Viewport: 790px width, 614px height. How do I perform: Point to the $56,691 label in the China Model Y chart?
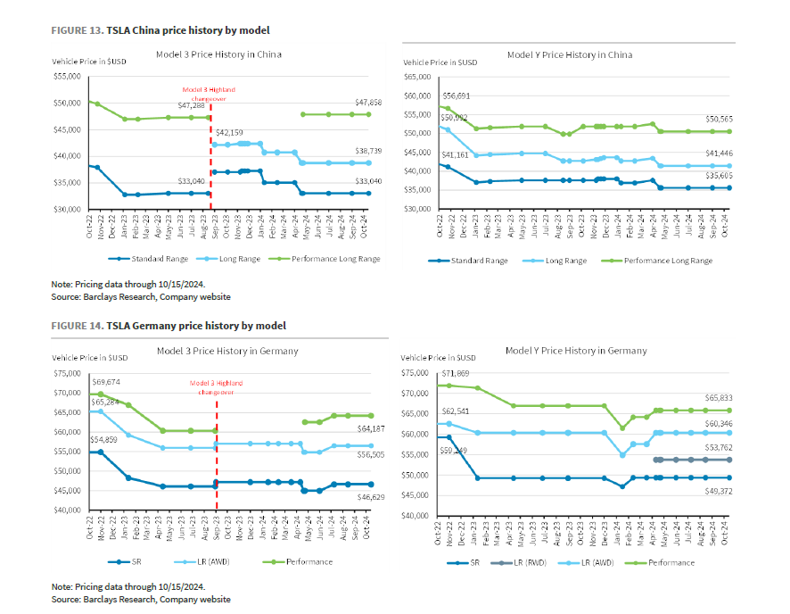pyautogui.click(x=457, y=95)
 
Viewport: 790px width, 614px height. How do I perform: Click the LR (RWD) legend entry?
pyautogui.click(x=524, y=563)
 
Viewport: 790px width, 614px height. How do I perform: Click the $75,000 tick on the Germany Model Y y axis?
pyautogui.click(x=419, y=373)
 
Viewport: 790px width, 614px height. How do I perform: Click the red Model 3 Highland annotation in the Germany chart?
pyautogui.click(x=217, y=387)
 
